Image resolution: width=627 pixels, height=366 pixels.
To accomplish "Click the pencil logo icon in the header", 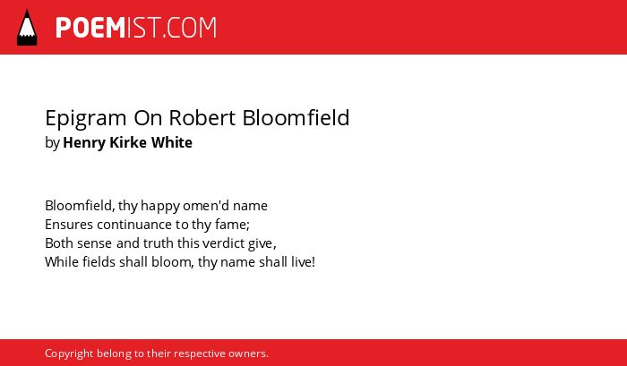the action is click(27, 27).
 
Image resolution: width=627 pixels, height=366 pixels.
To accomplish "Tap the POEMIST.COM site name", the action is click(136, 28).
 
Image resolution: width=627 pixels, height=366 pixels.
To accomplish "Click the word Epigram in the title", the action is click(86, 119).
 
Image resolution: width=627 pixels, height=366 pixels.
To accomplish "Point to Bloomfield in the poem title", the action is click(296, 117).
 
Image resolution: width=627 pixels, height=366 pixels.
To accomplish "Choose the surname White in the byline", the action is click(171, 142).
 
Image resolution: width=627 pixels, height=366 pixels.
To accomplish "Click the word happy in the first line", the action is click(160, 206).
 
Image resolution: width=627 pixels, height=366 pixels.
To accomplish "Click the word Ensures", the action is click(69, 225).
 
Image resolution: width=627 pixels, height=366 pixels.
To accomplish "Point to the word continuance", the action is click(134, 225).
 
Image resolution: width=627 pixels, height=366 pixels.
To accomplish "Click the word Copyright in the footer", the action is click(69, 354).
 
